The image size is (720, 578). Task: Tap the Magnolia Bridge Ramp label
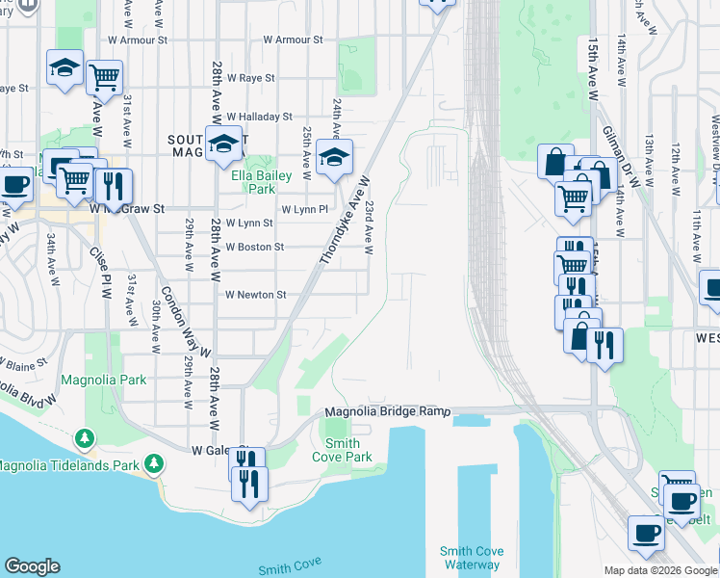coord(388,411)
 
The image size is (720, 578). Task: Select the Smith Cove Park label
coord(342,451)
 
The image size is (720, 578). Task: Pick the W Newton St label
coord(255,295)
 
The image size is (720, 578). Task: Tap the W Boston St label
coord(254,247)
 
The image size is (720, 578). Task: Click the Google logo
coord(32,566)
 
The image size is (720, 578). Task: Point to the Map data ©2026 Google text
coord(659,570)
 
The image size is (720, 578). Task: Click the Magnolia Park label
coord(104,380)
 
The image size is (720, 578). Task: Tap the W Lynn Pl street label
coord(305,209)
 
